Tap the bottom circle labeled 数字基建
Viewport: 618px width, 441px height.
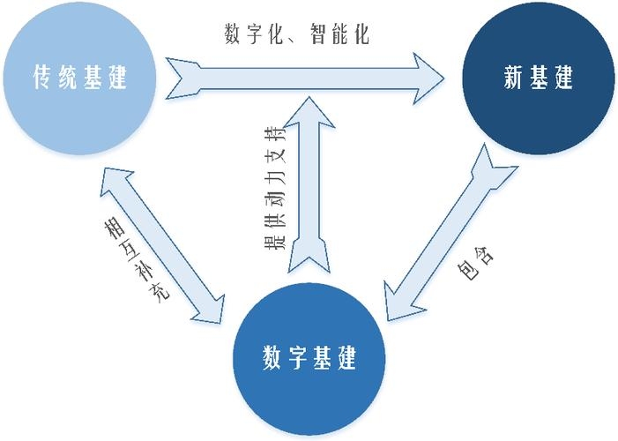[309, 359]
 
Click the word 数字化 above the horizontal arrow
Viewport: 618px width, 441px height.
[249, 36]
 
